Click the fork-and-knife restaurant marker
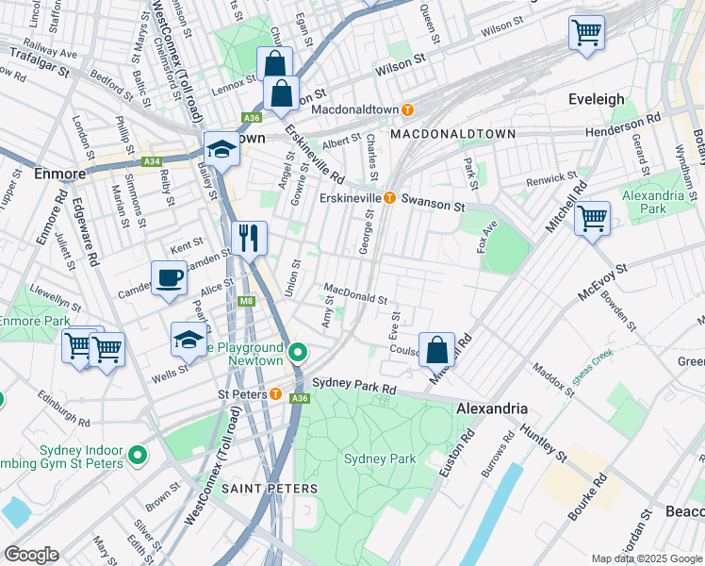250,238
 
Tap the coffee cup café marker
170,278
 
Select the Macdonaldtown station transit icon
407,109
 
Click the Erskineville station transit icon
388,197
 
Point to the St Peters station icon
275,393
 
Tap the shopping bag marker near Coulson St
437,350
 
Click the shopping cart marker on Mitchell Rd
592,219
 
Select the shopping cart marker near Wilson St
586,34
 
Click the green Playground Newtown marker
299,354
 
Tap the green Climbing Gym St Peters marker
139,456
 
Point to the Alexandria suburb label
491,408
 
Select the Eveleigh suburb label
597,99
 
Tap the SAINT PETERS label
270,489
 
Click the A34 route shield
152,161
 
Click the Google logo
31,555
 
